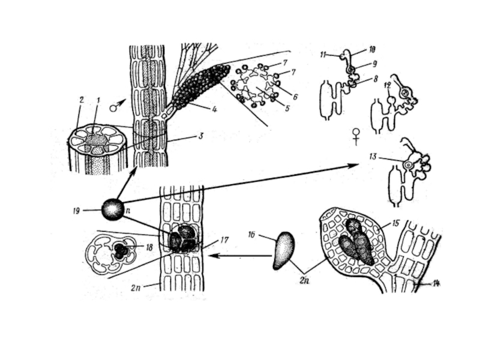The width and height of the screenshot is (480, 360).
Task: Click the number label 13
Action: coord(373,157)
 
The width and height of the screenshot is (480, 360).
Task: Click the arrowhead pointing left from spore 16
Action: coord(211,256)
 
